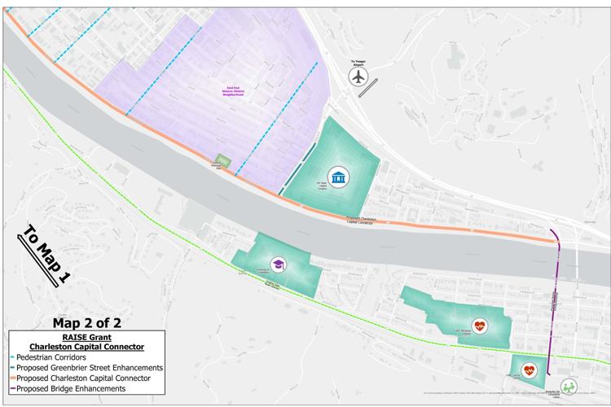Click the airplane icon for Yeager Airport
[x=358, y=77]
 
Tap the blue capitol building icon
[x=337, y=175]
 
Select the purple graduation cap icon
[x=277, y=265]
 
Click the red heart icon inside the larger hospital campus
[x=479, y=324]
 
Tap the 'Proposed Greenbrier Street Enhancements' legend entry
[x=90, y=368]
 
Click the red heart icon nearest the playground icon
[x=529, y=370]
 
